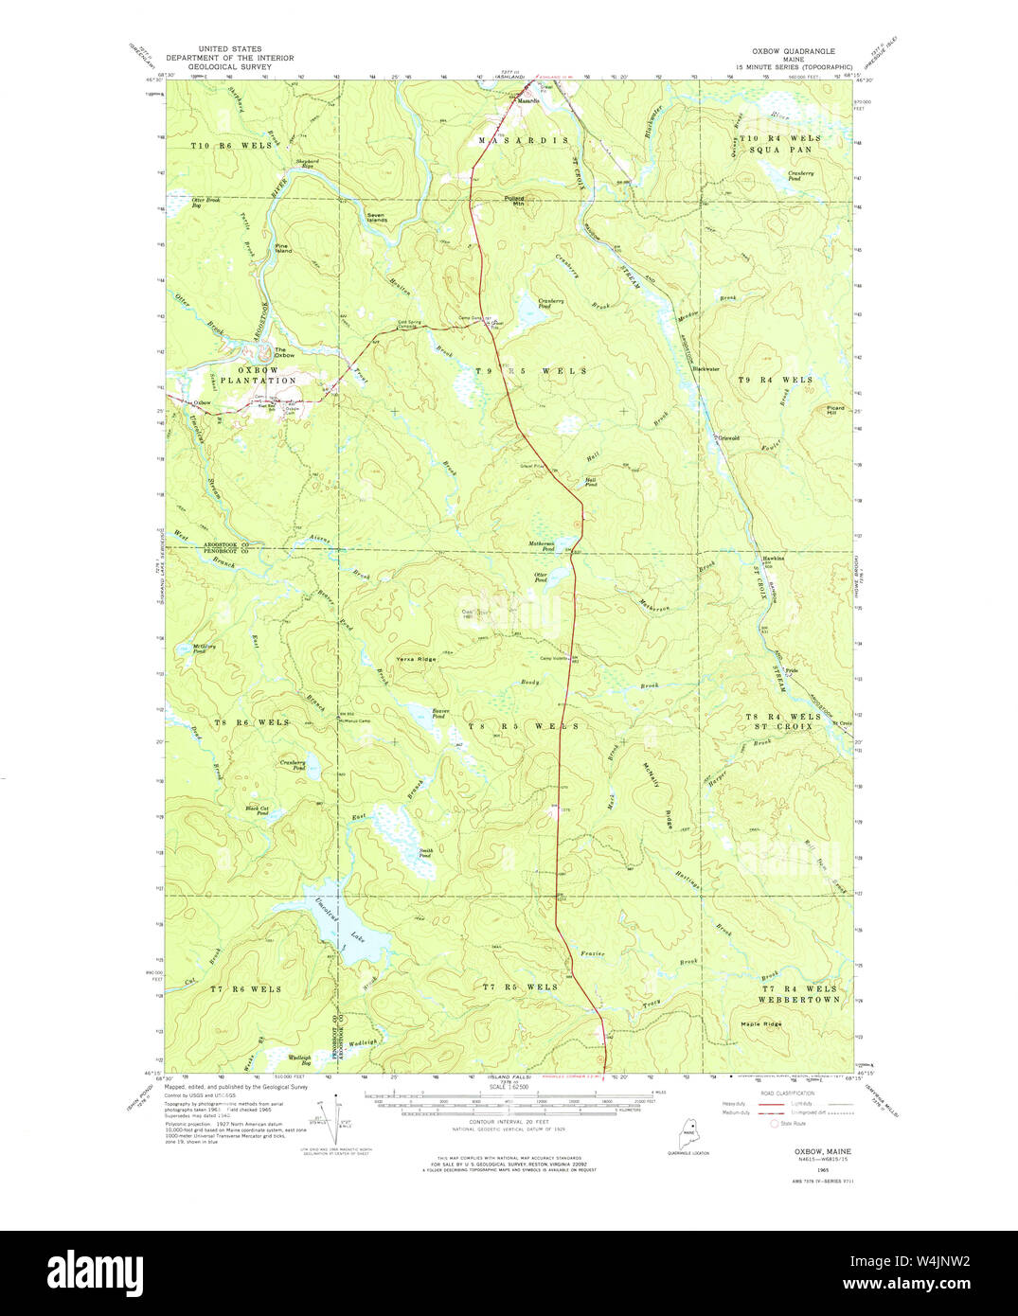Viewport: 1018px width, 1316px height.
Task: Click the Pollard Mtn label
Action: point(513,200)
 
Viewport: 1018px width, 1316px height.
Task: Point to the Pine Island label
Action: point(282,249)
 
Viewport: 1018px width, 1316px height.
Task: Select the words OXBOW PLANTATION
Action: point(268,375)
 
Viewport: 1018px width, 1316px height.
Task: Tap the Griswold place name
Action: point(727,438)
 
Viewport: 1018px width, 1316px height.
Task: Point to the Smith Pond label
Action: point(426,853)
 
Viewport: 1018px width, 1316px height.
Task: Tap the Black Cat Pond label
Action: point(257,810)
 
